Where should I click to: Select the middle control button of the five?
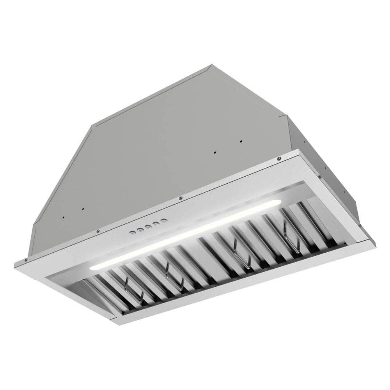pyautogui.click(x=149, y=227)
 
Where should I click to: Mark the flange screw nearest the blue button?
pyautogui.click(x=97, y=231)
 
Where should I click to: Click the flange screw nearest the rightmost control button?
pyautogui.click(x=180, y=198)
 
